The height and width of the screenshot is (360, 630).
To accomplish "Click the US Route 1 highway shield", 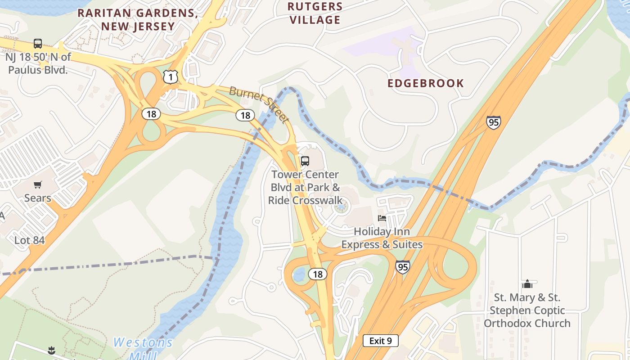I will coord(171,77).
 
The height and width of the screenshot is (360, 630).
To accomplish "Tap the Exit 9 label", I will coord(380,341).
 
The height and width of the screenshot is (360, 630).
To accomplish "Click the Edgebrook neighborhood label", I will coord(426,83).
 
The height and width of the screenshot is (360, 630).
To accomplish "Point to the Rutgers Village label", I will coord(315,13).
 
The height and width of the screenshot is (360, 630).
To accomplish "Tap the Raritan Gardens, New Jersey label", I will coord(138,19).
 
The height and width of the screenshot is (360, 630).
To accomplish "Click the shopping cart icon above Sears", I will coord(38,184).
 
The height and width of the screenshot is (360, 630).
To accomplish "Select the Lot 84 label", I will coord(30,240).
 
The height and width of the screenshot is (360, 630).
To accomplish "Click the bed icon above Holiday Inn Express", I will coord(382,218).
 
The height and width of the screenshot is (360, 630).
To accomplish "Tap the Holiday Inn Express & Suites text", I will coord(382,238).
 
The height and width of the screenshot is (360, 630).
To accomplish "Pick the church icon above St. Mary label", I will coord(527,284).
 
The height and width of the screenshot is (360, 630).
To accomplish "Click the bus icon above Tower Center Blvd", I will coord(305,161).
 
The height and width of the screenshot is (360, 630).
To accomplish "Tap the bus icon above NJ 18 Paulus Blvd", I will coord(38,44).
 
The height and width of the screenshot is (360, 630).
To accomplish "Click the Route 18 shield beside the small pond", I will coord(318,274).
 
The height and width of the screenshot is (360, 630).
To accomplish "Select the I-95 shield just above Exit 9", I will coord(403,267).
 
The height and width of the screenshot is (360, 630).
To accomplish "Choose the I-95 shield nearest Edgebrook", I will coord(493,122).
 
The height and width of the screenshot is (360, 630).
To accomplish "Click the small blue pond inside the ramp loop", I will coord(299,274).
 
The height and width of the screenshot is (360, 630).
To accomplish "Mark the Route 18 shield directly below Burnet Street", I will coord(245,115).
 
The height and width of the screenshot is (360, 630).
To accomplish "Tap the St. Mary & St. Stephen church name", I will coord(527,310).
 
